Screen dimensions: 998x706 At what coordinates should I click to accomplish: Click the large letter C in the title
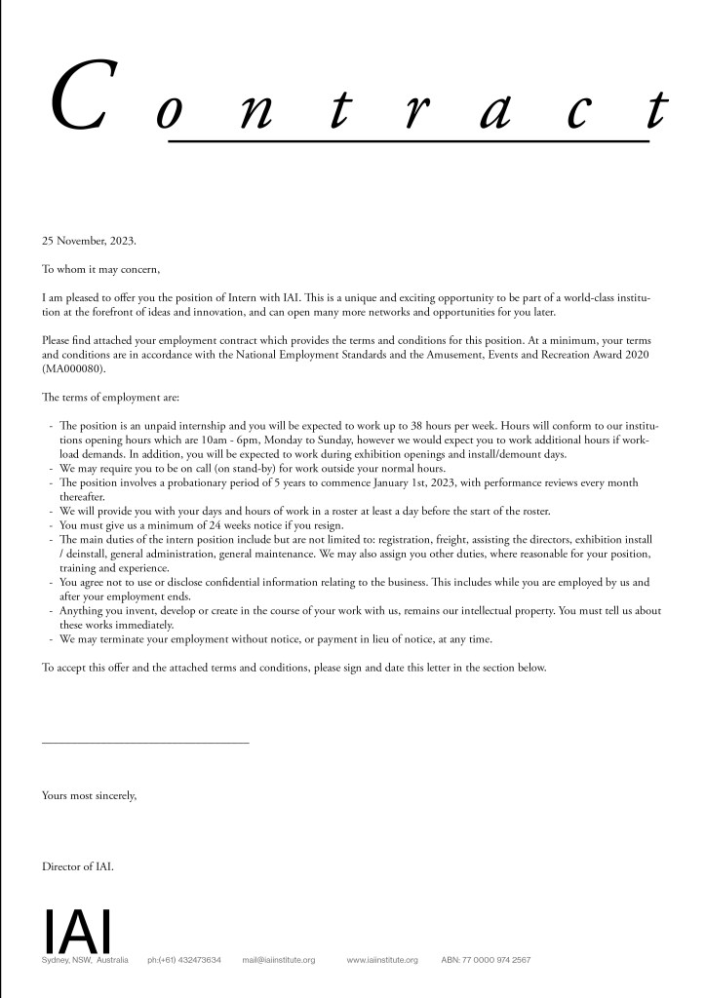(x=79, y=98)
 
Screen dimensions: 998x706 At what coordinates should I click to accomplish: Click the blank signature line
(x=145, y=744)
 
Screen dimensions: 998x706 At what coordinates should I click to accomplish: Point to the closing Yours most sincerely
(x=90, y=795)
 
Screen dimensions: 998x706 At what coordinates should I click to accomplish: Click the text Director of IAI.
(x=78, y=865)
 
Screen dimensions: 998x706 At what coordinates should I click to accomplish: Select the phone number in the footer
(x=184, y=961)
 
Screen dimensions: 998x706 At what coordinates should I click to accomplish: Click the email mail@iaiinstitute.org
(x=279, y=961)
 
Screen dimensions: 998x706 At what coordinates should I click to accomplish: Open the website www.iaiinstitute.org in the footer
(x=382, y=961)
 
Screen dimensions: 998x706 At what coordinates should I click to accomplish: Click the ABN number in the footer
(x=486, y=961)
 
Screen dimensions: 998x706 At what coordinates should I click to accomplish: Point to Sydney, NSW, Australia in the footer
(x=86, y=961)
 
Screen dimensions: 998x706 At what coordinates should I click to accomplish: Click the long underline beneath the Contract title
(x=409, y=141)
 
